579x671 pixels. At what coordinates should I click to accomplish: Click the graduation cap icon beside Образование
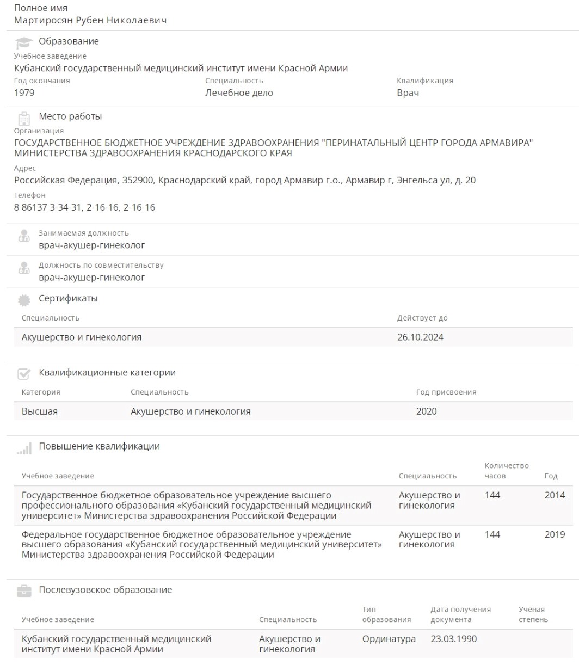tap(24, 42)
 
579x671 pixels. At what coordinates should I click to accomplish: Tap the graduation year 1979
tap(24, 93)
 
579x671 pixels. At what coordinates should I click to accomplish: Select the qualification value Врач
tap(408, 93)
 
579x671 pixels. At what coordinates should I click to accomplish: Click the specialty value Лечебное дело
tap(239, 93)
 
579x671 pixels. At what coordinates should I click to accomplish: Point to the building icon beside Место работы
tap(24, 118)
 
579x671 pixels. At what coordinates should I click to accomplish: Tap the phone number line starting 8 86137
tap(84, 207)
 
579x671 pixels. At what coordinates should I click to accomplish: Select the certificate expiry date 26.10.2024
tap(420, 337)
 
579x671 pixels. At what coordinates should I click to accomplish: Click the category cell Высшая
tap(40, 411)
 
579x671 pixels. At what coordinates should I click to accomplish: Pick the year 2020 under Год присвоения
tap(426, 411)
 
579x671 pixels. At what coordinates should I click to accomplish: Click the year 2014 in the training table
tap(555, 495)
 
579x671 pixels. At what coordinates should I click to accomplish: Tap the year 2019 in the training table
tap(555, 534)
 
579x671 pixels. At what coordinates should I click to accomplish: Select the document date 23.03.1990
tap(453, 639)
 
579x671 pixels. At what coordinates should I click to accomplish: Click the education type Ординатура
tap(389, 639)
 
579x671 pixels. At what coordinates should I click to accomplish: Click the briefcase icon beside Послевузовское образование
tap(24, 591)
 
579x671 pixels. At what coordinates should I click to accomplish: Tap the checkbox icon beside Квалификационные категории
tap(24, 374)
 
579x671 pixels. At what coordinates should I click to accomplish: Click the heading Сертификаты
tap(68, 298)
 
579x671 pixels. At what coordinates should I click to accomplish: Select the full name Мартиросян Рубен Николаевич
tap(90, 20)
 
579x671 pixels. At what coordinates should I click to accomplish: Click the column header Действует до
tap(422, 318)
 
